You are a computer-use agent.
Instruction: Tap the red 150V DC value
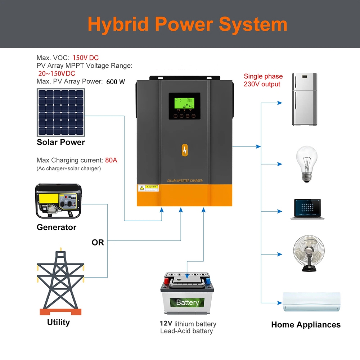pyautogui.click(x=86, y=58)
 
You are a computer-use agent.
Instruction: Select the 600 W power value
pyautogui.click(x=116, y=82)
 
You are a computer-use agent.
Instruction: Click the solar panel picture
pyautogui.click(x=61, y=113)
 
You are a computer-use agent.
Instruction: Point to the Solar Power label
pyautogui.click(x=61, y=142)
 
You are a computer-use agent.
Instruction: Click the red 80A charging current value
pyautogui.click(x=111, y=160)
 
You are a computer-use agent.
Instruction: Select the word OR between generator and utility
pyautogui.click(x=98, y=243)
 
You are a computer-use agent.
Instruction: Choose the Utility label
pyautogui.click(x=58, y=322)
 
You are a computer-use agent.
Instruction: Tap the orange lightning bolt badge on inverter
pyautogui.click(x=185, y=151)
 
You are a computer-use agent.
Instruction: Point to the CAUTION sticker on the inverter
pyautogui.click(x=148, y=188)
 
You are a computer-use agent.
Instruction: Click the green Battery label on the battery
pyautogui.click(x=187, y=302)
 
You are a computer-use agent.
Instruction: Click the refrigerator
pyautogui.click(x=304, y=99)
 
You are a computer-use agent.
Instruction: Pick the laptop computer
pyautogui.click(x=307, y=209)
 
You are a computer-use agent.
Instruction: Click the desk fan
pyautogui.click(x=309, y=253)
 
